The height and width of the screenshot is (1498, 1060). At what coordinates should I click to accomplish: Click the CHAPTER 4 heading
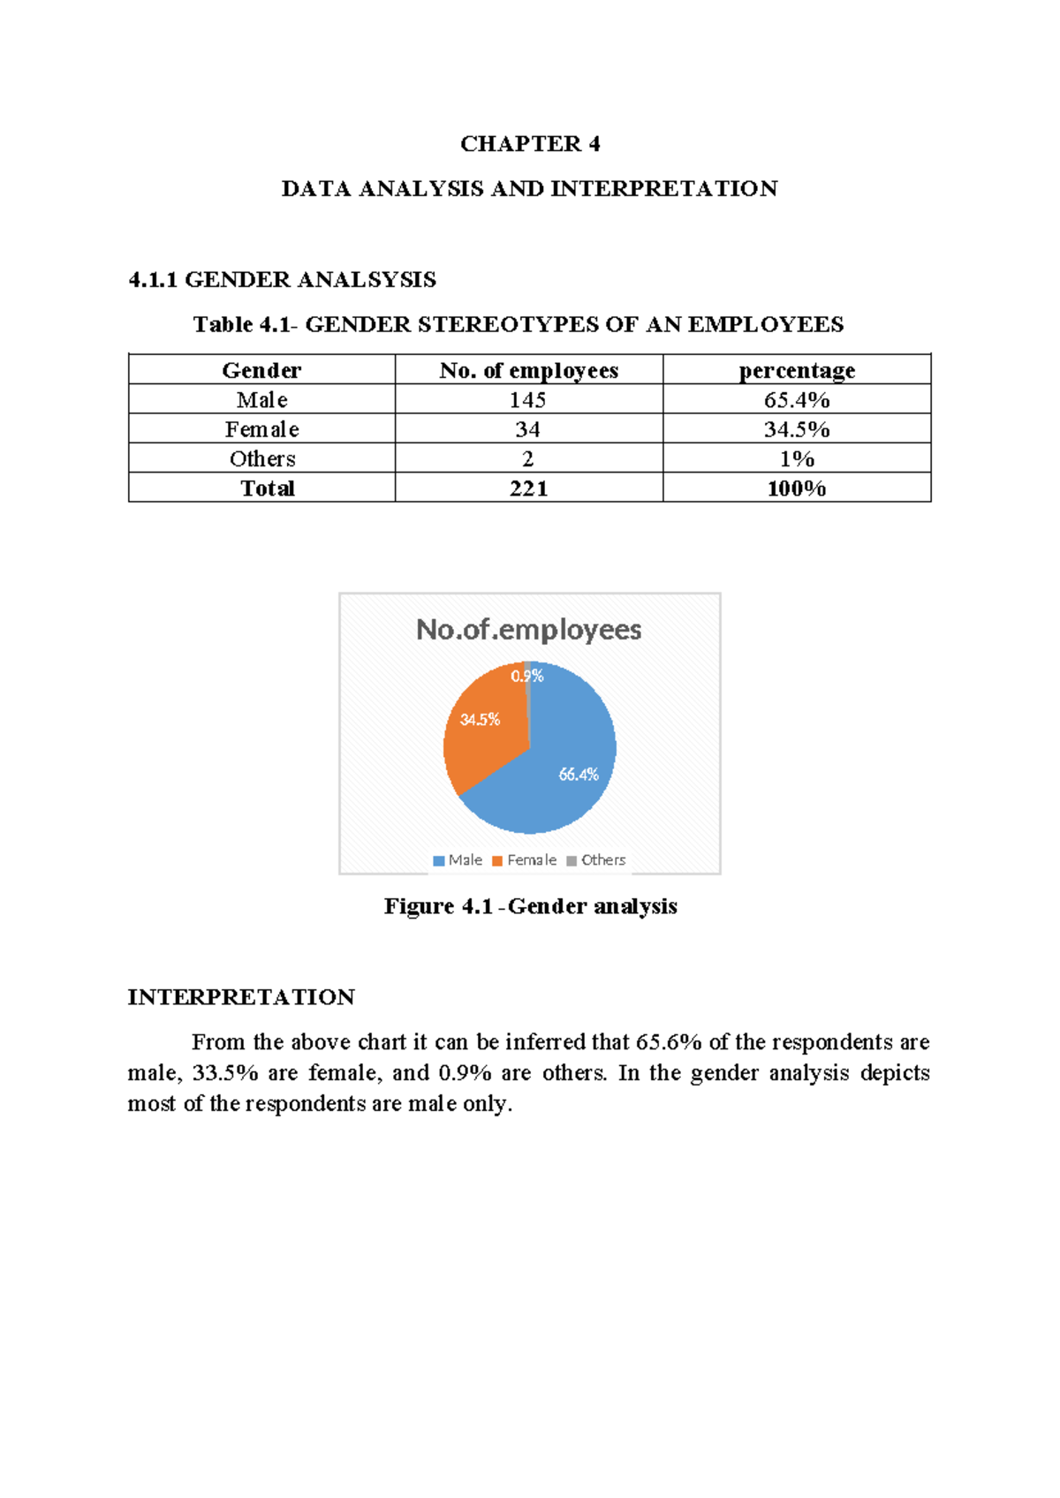click(x=530, y=144)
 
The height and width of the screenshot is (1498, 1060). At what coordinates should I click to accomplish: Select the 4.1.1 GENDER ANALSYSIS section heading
click(x=282, y=280)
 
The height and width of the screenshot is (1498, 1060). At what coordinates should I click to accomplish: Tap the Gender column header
click(x=261, y=370)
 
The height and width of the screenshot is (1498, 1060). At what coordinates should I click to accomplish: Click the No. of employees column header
click(x=528, y=370)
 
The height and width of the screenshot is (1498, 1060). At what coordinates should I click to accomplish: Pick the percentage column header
click(x=797, y=370)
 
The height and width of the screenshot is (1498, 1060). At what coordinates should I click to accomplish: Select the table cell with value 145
click(x=527, y=400)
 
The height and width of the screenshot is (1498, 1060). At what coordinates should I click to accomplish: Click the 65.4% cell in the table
click(x=797, y=400)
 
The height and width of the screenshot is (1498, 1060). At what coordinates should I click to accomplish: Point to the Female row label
click(x=261, y=429)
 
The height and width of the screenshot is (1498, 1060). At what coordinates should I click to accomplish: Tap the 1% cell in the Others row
click(x=797, y=459)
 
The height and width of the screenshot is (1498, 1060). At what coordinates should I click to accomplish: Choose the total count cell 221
click(x=528, y=488)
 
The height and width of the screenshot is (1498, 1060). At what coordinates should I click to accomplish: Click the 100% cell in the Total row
click(x=797, y=488)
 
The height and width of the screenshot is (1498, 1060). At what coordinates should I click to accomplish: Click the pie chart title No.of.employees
click(x=528, y=630)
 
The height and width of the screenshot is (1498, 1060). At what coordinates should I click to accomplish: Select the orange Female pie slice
click(x=481, y=738)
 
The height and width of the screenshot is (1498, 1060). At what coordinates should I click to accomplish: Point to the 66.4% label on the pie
click(x=579, y=775)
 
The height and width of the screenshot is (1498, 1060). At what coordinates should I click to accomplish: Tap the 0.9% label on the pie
click(x=527, y=676)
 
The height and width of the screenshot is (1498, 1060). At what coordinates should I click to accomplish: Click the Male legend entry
click(x=458, y=860)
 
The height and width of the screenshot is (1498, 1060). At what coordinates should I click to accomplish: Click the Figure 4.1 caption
click(x=530, y=906)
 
